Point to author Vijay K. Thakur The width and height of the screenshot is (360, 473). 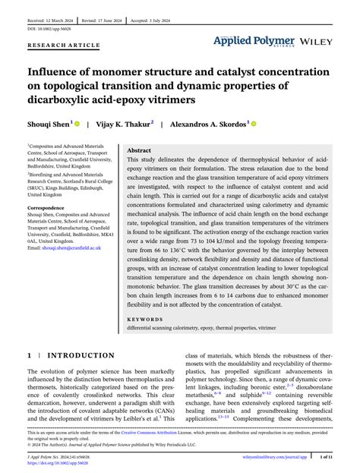coord(128,124)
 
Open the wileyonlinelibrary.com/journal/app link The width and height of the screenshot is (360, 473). coord(274,459)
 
